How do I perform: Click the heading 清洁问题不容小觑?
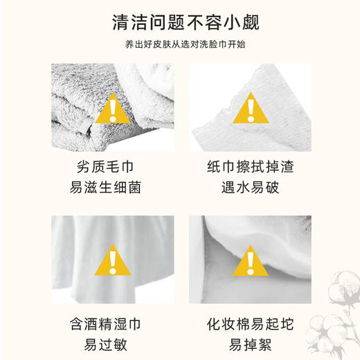[x=180, y=23]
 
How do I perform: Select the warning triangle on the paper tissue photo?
[x=249, y=109]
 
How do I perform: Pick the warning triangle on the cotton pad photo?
[x=249, y=262]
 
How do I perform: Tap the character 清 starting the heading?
[x=120, y=23]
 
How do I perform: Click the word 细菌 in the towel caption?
[x=129, y=187]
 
